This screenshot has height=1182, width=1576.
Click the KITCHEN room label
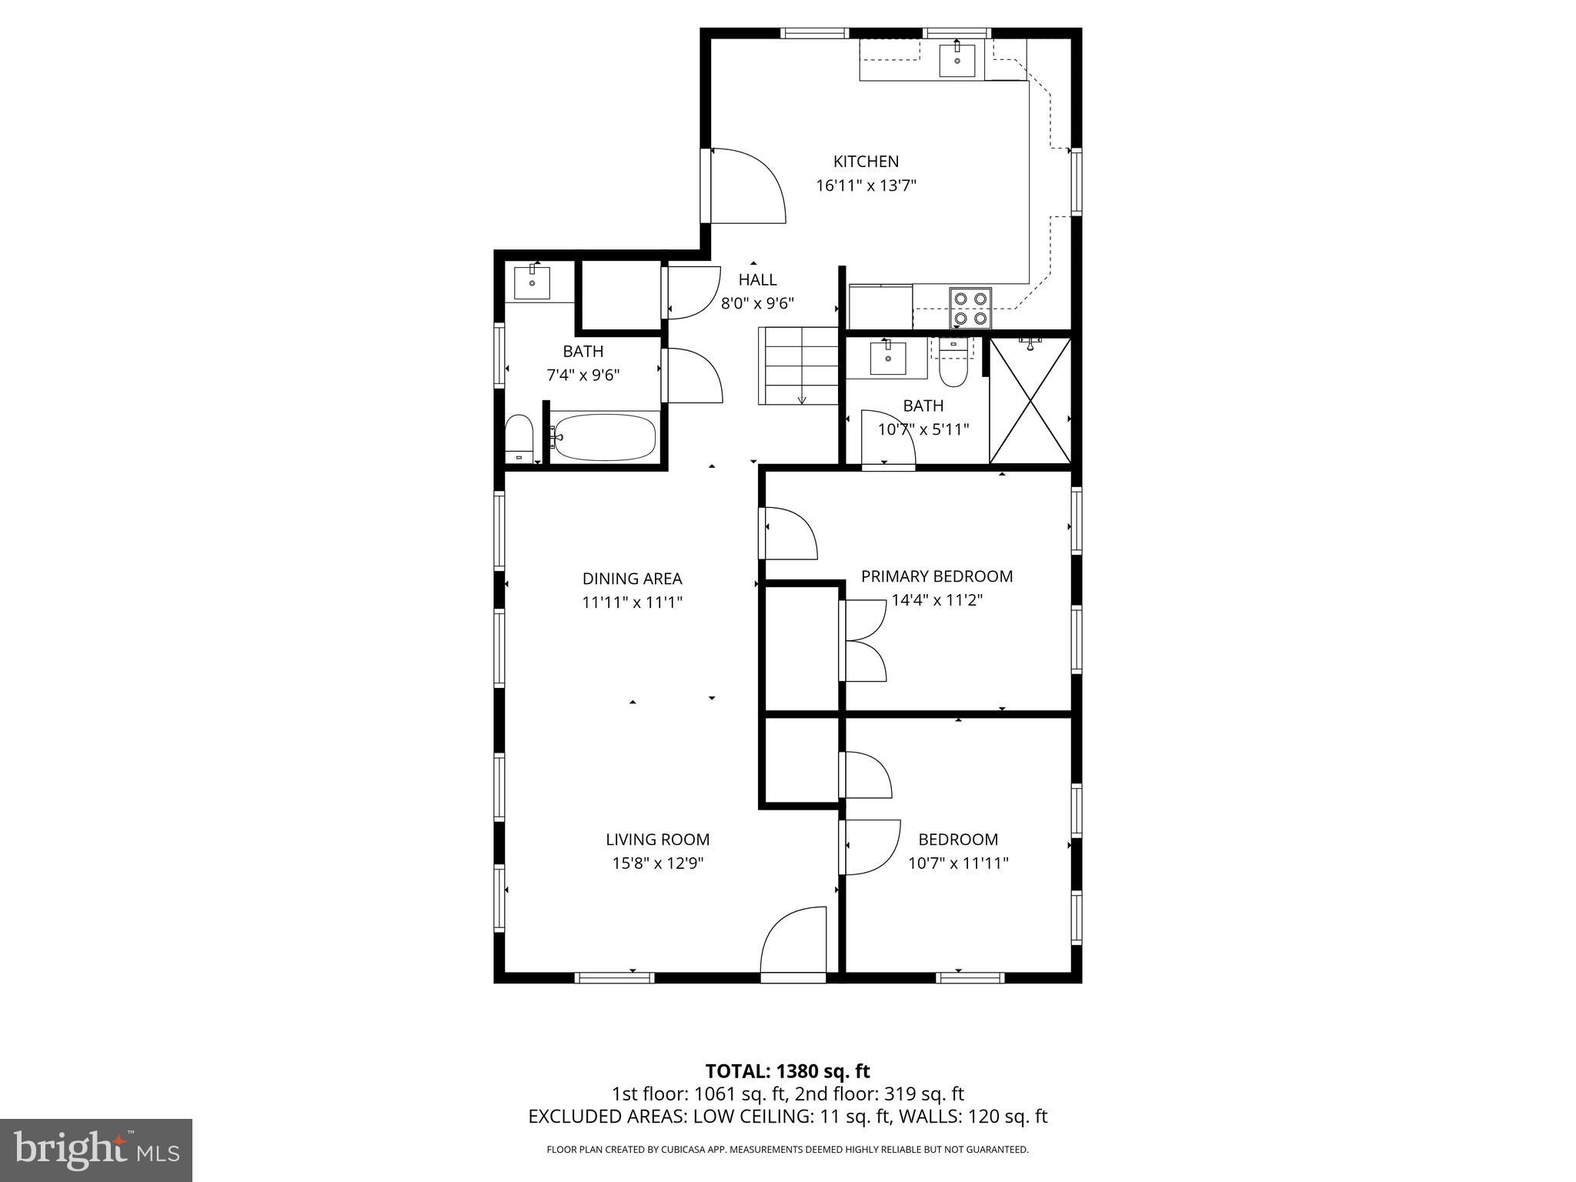pyautogui.click(x=866, y=162)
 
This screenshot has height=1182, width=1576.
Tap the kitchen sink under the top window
pyautogui.click(x=957, y=61)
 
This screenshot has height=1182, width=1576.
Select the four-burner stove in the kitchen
pyautogui.click(x=970, y=307)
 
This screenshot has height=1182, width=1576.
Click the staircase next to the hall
pyautogui.click(x=798, y=366)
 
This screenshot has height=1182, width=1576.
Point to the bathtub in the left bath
pyautogui.click(x=603, y=438)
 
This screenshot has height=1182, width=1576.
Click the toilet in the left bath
pyautogui.click(x=519, y=439)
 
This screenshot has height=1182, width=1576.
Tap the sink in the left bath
pyautogui.click(x=532, y=282)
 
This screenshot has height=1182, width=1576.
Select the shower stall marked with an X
pyautogui.click(x=1030, y=401)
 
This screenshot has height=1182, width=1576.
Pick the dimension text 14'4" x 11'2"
pyautogui.click(x=937, y=600)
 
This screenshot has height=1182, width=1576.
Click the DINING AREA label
pyautogui.click(x=632, y=579)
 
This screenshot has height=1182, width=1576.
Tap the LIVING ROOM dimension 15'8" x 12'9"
pyautogui.click(x=657, y=863)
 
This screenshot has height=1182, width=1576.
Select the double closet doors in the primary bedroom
pyautogui.click(x=863, y=640)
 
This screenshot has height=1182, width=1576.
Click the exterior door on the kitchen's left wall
pyautogui.click(x=743, y=186)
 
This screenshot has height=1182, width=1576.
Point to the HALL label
pyautogui.click(x=757, y=280)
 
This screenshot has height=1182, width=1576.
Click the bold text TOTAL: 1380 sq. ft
pyautogui.click(x=787, y=1071)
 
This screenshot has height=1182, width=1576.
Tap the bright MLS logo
pyautogui.click(x=95, y=1150)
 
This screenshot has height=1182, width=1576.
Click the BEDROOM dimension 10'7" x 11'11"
pyautogui.click(x=958, y=863)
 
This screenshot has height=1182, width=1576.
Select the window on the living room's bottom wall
pyautogui.click(x=614, y=977)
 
